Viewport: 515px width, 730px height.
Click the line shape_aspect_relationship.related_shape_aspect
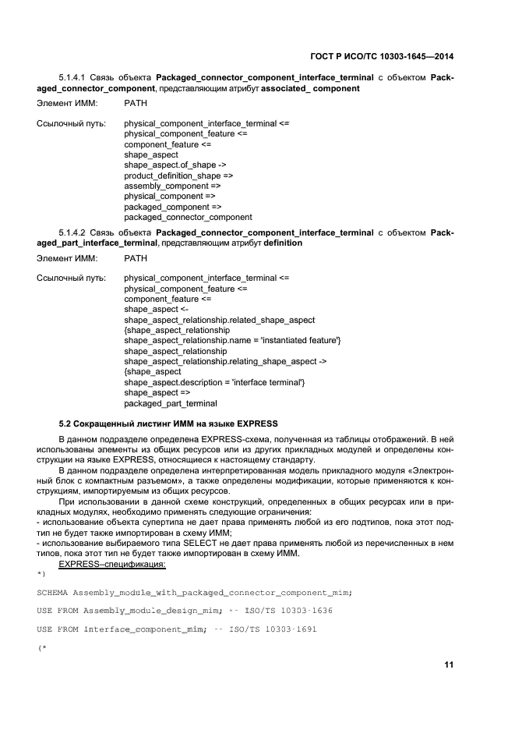pyautogui.click(x=219, y=320)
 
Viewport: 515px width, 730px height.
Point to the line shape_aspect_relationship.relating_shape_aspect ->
pyautogui.click(x=225, y=361)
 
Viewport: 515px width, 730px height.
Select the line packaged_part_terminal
pyautogui.click(x=171, y=403)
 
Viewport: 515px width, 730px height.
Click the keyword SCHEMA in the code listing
pyautogui.click(x=57, y=590)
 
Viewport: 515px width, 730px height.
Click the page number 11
pyautogui.click(x=449, y=664)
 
